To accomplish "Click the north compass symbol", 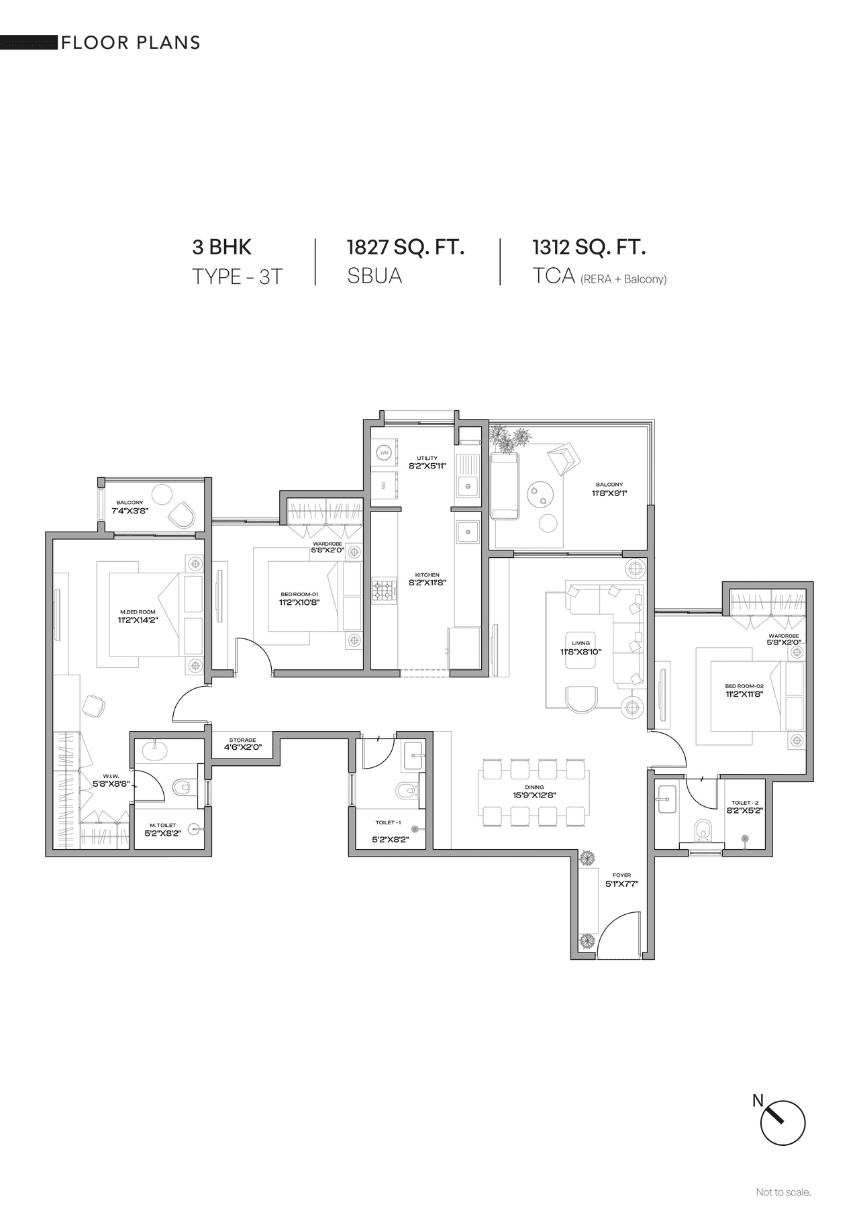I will point(782,1122).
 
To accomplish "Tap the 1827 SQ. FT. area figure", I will point(405,247).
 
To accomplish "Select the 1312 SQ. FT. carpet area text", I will point(589,247).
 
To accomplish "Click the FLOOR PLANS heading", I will point(131,43).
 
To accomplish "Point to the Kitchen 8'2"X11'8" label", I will point(427,579).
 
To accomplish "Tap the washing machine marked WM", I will point(385,453).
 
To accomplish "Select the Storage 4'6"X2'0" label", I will point(242,743).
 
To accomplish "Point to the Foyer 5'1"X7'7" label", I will point(621,880).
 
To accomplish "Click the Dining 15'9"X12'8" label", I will point(534,791).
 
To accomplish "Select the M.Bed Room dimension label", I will point(137,616).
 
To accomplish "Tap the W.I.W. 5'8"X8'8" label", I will point(111,779).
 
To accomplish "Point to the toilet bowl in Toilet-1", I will point(407,790).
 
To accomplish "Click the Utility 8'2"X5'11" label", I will point(427,462).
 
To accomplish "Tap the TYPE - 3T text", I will point(238,276).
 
